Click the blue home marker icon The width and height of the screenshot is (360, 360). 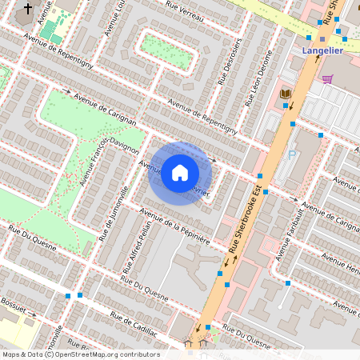coord(180,173)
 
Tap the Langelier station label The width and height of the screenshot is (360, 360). coord(323,52)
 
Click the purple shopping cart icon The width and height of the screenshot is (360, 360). coord(327,78)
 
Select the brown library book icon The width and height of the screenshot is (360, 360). coord(285,94)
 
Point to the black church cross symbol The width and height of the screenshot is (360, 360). coord(29,9)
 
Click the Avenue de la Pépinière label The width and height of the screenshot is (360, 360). coord(174,225)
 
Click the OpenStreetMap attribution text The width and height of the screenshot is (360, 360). coord(80,354)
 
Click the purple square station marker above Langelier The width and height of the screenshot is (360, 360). coord(322,38)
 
